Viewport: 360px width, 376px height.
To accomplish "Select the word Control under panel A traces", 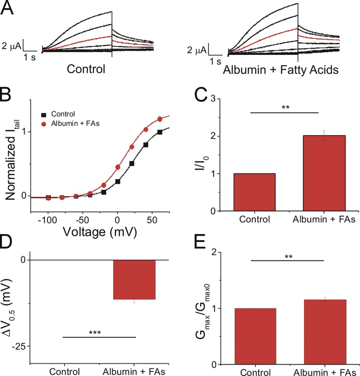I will pyautogui.click(x=86, y=70).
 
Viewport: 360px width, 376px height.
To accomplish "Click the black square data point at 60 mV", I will pyautogui.click(x=159, y=132).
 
